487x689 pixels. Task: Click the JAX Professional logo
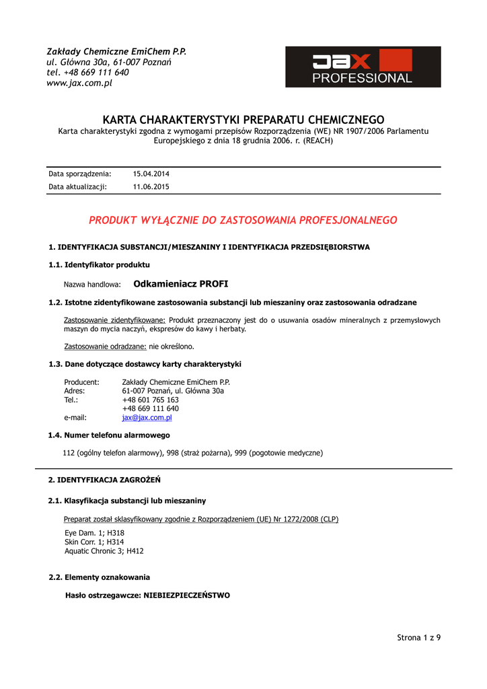pyautogui.click(x=363, y=67)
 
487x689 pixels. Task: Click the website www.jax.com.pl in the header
pyautogui.click(x=79, y=83)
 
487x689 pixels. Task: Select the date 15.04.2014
pyautogui.click(x=151, y=174)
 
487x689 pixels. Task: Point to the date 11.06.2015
pyautogui.click(x=151, y=187)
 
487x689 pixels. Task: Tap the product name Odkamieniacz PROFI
pyautogui.click(x=181, y=284)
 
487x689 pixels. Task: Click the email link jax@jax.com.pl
pyautogui.click(x=147, y=417)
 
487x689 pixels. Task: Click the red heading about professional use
pyautogui.click(x=243, y=220)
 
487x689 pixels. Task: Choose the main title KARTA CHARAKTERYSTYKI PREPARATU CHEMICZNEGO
pyautogui.click(x=243, y=119)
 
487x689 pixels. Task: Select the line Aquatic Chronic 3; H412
pyautogui.click(x=104, y=550)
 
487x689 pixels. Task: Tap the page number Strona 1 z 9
pyautogui.click(x=418, y=637)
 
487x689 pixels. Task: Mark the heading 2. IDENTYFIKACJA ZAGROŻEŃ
pyautogui.click(x=104, y=480)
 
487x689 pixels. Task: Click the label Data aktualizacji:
pyautogui.click(x=77, y=187)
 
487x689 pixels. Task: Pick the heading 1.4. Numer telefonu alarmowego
pyautogui.click(x=109, y=435)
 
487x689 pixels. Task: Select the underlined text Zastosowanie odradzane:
pyautogui.click(x=105, y=347)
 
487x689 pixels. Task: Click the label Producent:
pyautogui.click(x=81, y=382)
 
